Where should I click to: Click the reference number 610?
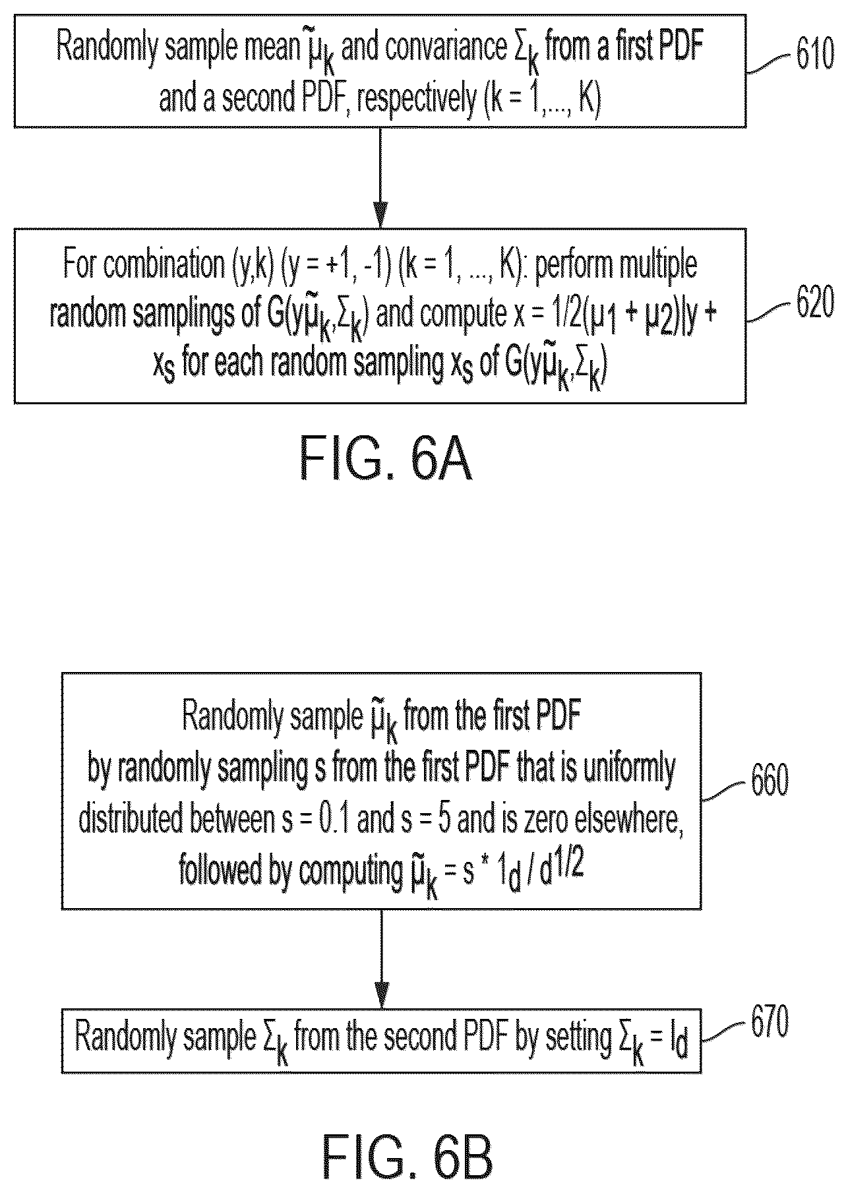click(815, 55)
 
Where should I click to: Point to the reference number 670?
click(770, 1022)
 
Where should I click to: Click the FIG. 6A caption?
click(386, 458)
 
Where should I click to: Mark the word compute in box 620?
click(462, 317)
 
